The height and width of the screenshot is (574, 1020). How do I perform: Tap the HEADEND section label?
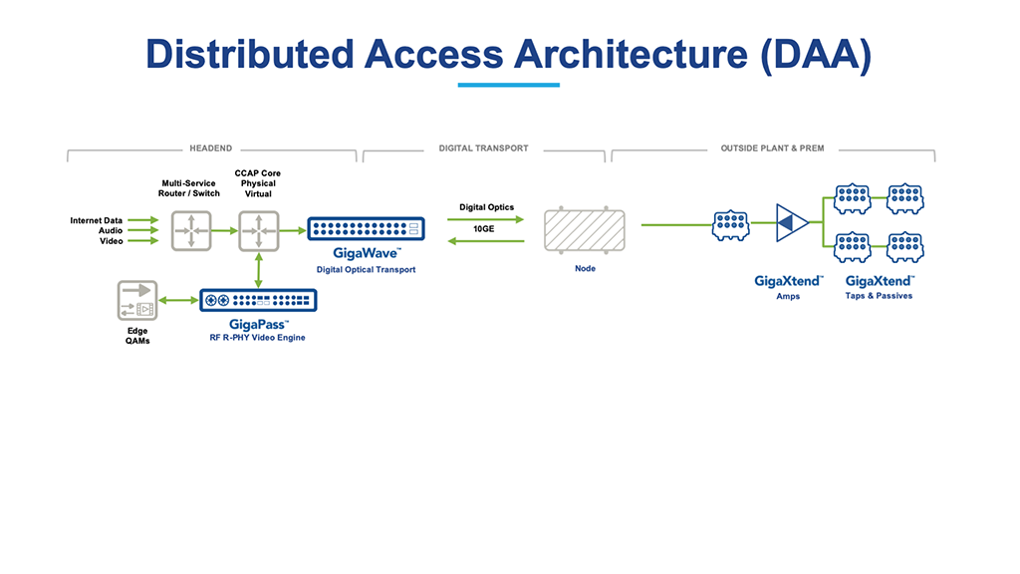coord(210,148)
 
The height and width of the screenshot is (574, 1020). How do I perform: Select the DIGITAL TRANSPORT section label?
coord(483,148)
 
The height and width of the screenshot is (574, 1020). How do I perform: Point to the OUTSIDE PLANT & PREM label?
coord(772,148)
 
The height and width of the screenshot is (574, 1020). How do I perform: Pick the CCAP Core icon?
coord(258,230)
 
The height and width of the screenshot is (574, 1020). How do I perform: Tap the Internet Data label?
coord(97,220)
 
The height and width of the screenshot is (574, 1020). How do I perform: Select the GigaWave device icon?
coord(366,229)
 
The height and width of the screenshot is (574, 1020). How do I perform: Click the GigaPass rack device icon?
coord(258,300)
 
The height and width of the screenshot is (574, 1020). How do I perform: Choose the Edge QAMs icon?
coord(137,300)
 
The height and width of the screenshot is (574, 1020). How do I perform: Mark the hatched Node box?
coord(585,230)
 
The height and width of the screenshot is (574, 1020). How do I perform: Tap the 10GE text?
coord(485,228)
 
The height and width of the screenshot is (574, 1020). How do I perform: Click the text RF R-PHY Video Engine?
coord(258,338)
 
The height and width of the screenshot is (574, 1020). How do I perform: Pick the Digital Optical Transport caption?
coord(366,269)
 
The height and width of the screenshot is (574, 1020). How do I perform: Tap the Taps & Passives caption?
coord(879,296)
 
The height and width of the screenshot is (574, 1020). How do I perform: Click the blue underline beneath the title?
coord(508,85)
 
